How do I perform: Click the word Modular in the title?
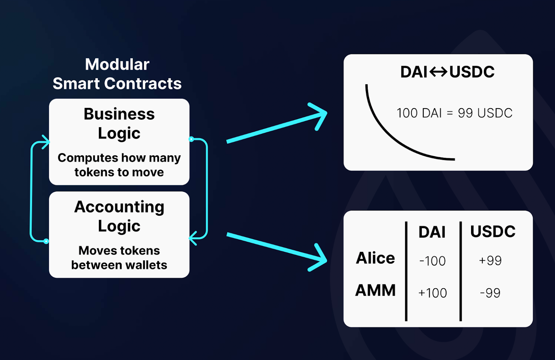coord(117,65)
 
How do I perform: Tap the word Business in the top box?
coord(119,114)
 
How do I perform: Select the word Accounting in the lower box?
coord(119,207)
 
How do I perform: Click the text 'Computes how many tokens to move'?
coord(119,165)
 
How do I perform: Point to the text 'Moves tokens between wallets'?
coord(119,258)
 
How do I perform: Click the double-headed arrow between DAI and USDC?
coord(438,72)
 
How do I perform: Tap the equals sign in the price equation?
coord(450,113)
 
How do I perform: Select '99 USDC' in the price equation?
coord(485,113)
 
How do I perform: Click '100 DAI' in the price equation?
coord(419,113)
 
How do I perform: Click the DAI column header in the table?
coord(432,232)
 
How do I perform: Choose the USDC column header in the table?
coord(493,231)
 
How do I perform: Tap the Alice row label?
coord(375,258)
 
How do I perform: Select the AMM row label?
coord(375,290)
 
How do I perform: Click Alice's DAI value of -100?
coord(432,261)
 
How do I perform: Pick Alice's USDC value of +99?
coord(490,260)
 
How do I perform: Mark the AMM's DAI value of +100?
coord(433,293)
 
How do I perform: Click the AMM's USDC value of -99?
coord(490,293)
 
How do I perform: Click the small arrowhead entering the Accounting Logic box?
coord(193,238)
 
